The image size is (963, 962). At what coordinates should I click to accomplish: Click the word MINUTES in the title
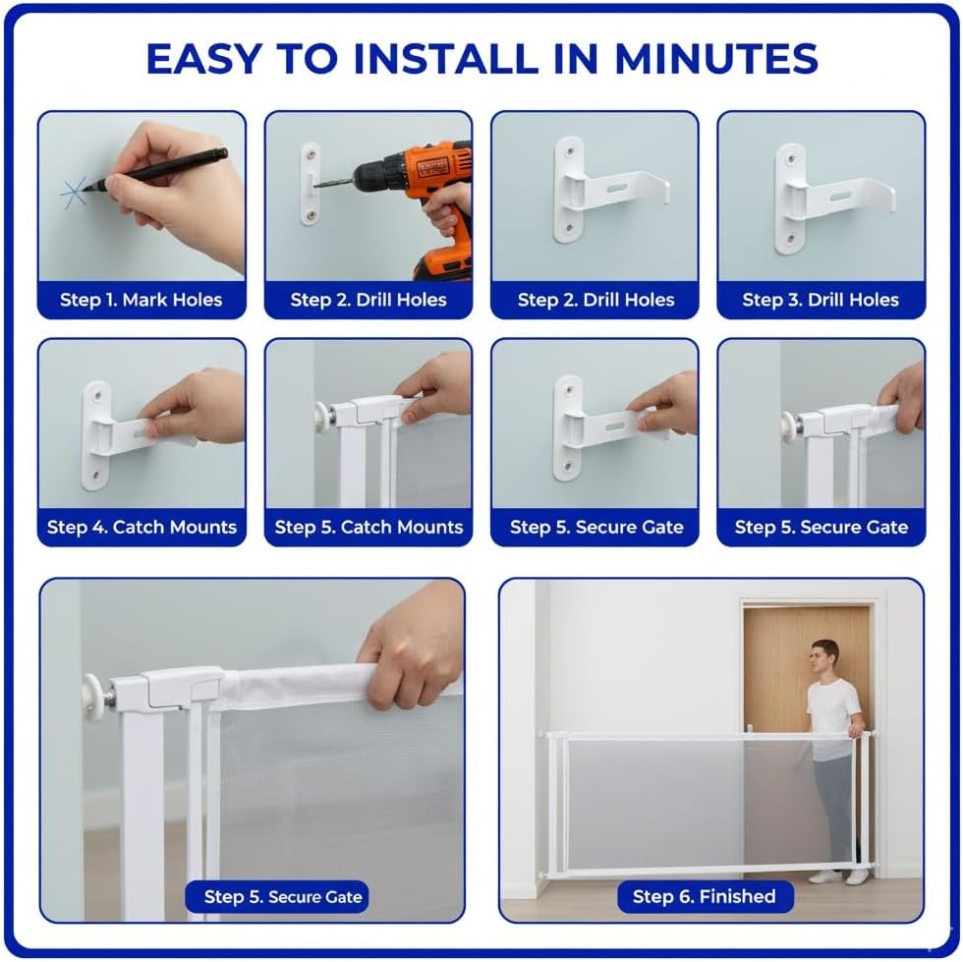coord(716,59)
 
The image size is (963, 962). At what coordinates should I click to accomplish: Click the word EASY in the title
coord(204,59)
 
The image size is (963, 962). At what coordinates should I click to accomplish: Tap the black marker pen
coord(156,170)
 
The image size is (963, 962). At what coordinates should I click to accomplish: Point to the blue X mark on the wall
coord(74,193)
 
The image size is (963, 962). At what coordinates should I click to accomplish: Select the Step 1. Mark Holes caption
coord(142,300)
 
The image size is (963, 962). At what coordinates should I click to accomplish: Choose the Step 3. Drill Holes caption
coord(821,300)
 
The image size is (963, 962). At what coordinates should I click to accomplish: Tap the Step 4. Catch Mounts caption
coord(142,527)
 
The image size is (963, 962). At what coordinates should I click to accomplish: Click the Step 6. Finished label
coord(705,896)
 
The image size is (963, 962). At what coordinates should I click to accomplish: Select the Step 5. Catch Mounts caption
coord(368,527)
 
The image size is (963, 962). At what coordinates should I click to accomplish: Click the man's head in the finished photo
coord(823,658)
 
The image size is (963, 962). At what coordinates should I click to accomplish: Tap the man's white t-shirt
coord(833,712)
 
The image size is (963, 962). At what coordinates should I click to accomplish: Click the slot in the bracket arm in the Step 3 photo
coord(840,197)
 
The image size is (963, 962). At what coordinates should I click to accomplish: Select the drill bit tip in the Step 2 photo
coord(315,185)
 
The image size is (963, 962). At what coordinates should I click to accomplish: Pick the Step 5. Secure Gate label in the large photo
coord(283,897)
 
